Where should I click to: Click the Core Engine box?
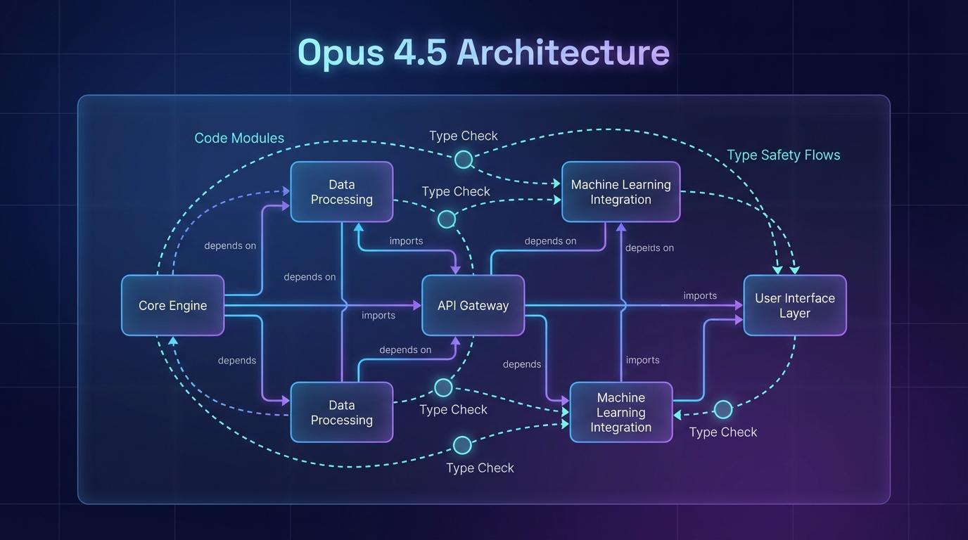pos(172,305)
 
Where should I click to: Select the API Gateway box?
pos(473,305)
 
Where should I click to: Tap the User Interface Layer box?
pos(794,305)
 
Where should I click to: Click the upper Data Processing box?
pos(341,192)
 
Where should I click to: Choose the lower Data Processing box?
pos(341,412)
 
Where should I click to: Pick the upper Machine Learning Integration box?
pos(620,192)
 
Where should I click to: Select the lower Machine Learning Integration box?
pos(620,412)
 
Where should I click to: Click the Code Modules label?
pos(239,138)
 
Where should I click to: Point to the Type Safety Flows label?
pos(783,155)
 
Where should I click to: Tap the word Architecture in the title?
pos(563,52)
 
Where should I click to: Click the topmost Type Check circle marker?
pos(463,160)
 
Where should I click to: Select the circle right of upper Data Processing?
pos(447,219)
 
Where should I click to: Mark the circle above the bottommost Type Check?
pos(462,444)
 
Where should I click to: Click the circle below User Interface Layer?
pos(723,409)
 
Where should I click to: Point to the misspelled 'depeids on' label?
pos(649,247)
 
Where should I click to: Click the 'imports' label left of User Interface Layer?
pos(700,295)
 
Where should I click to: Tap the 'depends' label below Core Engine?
pos(237,360)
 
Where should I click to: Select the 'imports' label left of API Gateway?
pos(378,315)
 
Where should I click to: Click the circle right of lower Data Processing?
pos(443,387)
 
